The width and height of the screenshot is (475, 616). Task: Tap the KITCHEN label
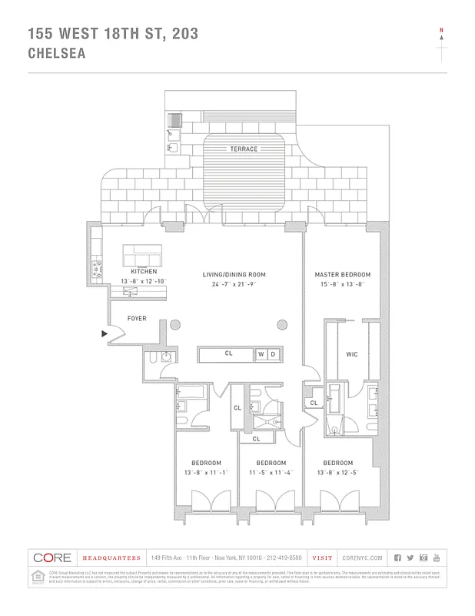click(144, 272)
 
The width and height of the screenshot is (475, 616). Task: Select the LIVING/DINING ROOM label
click(234, 275)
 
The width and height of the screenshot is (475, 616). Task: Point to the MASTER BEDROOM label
click(342, 275)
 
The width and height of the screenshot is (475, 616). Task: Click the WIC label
click(352, 355)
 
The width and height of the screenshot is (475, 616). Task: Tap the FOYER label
click(137, 318)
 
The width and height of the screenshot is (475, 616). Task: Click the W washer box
click(261, 354)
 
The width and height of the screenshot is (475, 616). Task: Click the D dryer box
click(272, 354)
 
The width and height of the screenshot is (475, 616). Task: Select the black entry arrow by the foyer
click(104, 333)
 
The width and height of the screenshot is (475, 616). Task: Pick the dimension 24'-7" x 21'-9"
click(234, 284)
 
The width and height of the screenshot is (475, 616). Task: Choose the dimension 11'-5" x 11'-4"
click(261, 472)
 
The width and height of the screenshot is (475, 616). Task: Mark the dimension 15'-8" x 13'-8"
click(342, 284)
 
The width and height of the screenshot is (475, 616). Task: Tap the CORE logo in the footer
click(52, 557)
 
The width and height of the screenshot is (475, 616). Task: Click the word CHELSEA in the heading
click(56, 54)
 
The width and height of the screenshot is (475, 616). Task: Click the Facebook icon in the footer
click(397, 557)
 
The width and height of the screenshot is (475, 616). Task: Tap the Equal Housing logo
click(37, 576)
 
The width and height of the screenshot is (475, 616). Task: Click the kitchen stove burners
click(98, 269)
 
